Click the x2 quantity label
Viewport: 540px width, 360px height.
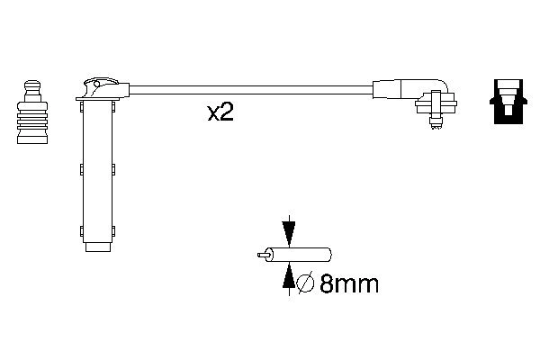click(x=220, y=112)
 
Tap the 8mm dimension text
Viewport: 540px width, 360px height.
click(x=346, y=284)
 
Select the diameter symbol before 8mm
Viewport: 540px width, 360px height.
click(x=304, y=284)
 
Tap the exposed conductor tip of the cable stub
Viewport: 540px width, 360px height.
click(x=261, y=256)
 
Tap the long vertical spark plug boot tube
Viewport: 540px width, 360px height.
click(x=97, y=171)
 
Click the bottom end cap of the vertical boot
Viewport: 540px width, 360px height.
click(x=97, y=246)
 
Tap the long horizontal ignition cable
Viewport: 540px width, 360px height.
click(x=252, y=89)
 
